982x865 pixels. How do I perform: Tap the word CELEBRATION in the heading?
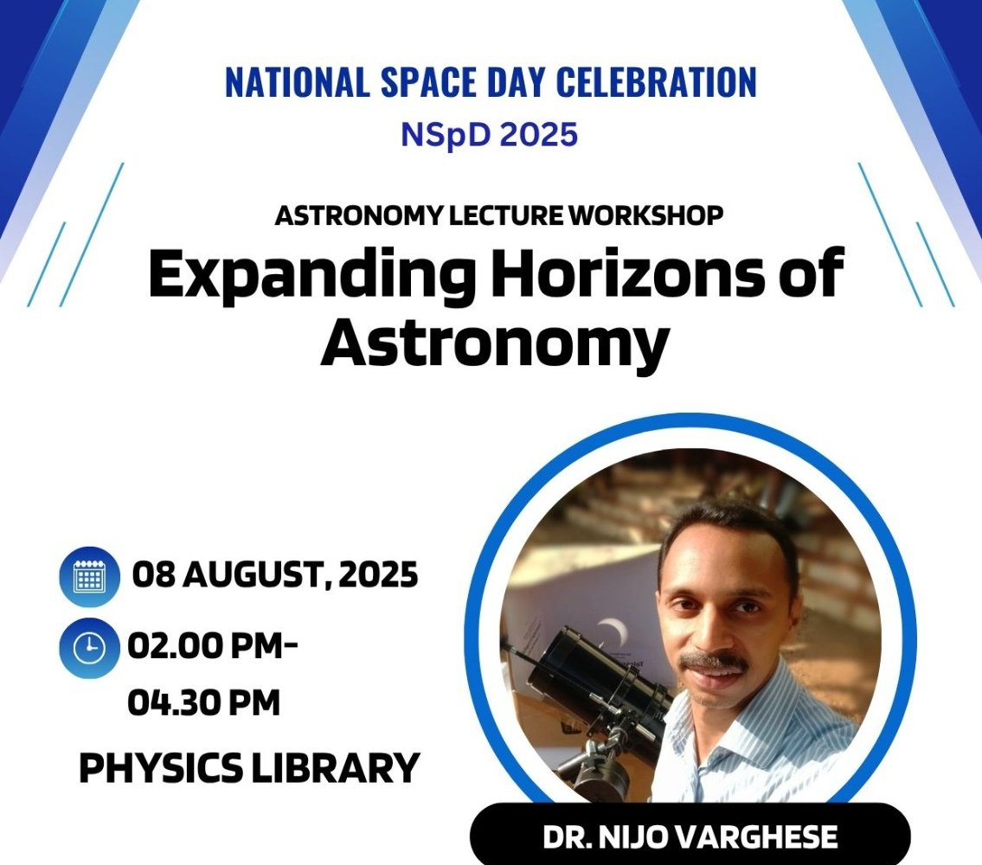656,82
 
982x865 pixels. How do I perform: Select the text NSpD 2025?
489,135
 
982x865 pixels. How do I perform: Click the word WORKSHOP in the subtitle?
645,215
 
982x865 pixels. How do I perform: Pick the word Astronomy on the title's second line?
495,343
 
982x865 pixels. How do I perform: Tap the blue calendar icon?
90,576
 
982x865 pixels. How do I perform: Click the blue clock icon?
90,648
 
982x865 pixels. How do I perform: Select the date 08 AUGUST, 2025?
275,575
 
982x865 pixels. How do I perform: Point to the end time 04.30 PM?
204,702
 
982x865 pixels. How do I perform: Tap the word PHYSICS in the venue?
161,768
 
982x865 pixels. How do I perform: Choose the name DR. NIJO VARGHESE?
690,837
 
